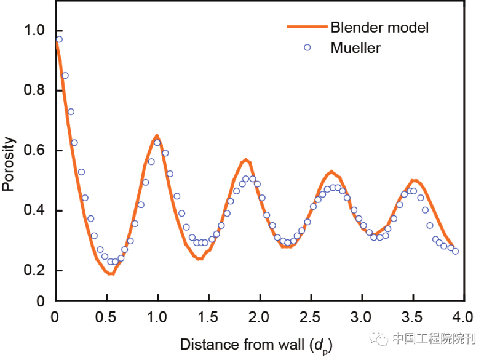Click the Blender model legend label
click(x=379, y=27)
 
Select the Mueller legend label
click(x=355, y=47)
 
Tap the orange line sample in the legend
click(x=306, y=27)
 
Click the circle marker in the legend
click(x=307, y=47)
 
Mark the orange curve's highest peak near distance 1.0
click(x=157, y=135)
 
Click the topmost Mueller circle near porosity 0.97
click(x=59, y=39)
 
